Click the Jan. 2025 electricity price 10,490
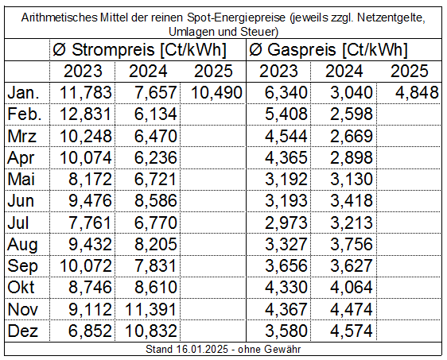click(x=216, y=93)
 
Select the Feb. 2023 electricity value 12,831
click(x=85, y=114)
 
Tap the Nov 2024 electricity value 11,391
click(x=151, y=309)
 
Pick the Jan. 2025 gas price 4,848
click(x=417, y=93)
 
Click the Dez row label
click(x=22, y=331)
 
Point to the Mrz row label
click(x=22, y=136)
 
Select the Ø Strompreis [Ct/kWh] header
click(x=139, y=49)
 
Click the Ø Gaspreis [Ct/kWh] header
click(x=328, y=49)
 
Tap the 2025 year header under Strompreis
click(x=213, y=72)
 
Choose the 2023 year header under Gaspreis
click(x=278, y=72)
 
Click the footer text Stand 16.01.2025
click(x=187, y=349)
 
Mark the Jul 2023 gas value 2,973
click(x=286, y=223)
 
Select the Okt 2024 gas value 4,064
click(x=352, y=288)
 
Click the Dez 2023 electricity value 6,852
click(x=90, y=331)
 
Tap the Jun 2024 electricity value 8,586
click(x=156, y=201)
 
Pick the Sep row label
click(x=22, y=266)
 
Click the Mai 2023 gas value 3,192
click(x=286, y=180)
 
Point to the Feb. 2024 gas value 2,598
click(x=352, y=114)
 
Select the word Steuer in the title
click(x=259, y=32)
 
